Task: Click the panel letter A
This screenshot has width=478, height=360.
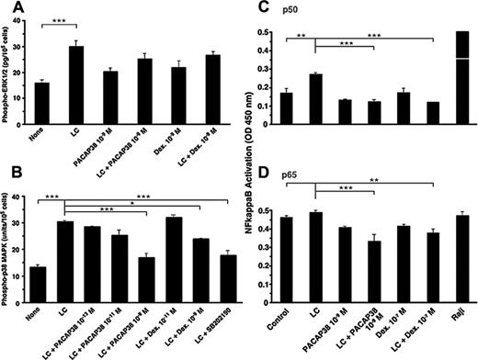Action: (x=12, y=10)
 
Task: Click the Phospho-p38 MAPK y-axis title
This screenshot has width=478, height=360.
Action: (x=8, y=243)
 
